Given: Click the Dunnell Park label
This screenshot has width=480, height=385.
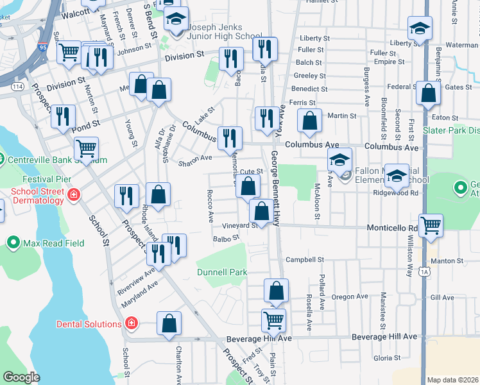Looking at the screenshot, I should [x=221, y=272].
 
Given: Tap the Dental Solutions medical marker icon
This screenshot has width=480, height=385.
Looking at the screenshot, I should [x=132, y=323].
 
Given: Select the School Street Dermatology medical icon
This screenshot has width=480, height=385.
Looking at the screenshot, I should [x=74, y=193].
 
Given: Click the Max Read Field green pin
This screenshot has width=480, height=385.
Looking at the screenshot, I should [x=13, y=243].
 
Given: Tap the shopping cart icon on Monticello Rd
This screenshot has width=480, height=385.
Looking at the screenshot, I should [x=431, y=225].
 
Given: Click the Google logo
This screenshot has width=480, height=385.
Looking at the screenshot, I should [x=21, y=377].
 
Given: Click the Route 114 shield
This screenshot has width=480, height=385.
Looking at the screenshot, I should [x=17, y=87].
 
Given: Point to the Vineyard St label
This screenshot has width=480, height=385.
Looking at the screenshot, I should [x=240, y=226].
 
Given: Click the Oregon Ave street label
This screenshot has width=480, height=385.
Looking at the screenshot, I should [x=350, y=296].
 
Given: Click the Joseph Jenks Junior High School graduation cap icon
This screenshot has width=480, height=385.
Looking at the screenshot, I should [x=175, y=19].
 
